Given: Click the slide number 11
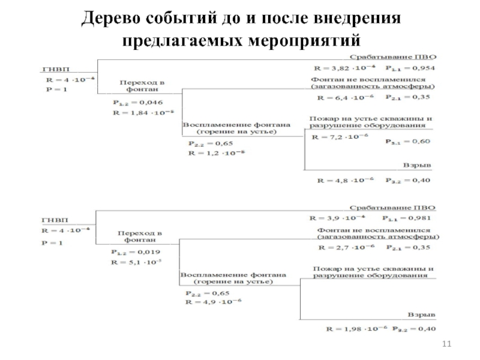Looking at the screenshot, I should click(445, 343).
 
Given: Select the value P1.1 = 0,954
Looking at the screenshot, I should click(410, 68).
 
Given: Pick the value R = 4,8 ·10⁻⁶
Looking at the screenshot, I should click(346, 180).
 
